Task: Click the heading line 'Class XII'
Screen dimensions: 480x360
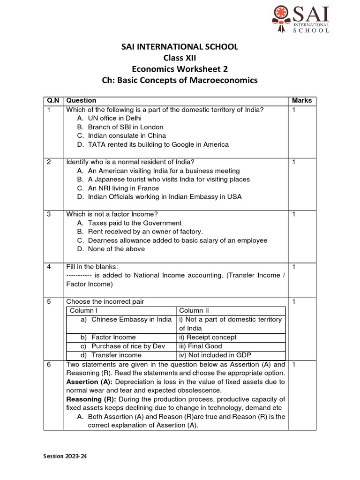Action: click(180, 58)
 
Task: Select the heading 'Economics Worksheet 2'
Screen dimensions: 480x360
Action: click(180, 69)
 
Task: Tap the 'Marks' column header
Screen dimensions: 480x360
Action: click(301, 100)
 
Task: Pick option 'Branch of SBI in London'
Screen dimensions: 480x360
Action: click(125, 127)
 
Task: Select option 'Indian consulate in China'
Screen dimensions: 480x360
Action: click(127, 136)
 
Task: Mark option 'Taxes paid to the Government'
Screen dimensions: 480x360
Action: click(134, 223)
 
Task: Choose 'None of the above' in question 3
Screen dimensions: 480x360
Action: click(116, 249)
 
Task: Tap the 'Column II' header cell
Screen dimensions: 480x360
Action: click(194, 311)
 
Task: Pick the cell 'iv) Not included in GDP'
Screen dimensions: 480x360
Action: click(214, 355)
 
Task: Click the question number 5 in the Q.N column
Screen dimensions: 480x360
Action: click(48, 302)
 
